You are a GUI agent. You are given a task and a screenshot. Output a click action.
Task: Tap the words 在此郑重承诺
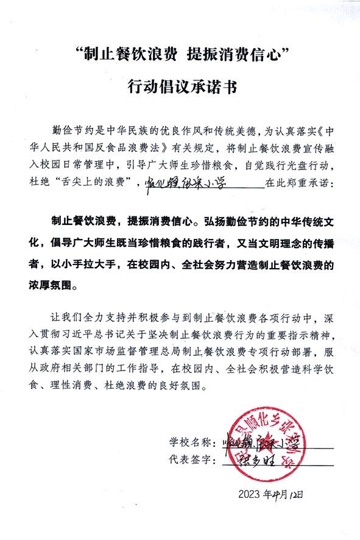tap(298, 182)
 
